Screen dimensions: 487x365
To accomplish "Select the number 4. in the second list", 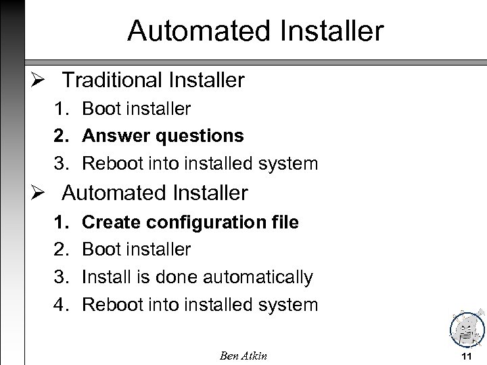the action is pyautogui.click(x=63, y=305).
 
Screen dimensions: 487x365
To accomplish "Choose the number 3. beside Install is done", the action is pyautogui.click(x=63, y=277).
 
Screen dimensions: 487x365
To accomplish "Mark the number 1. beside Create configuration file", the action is pyautogui.click(x=63, y=222).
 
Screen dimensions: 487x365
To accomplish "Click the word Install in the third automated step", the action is pyautogui.click(x=102, y=277).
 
